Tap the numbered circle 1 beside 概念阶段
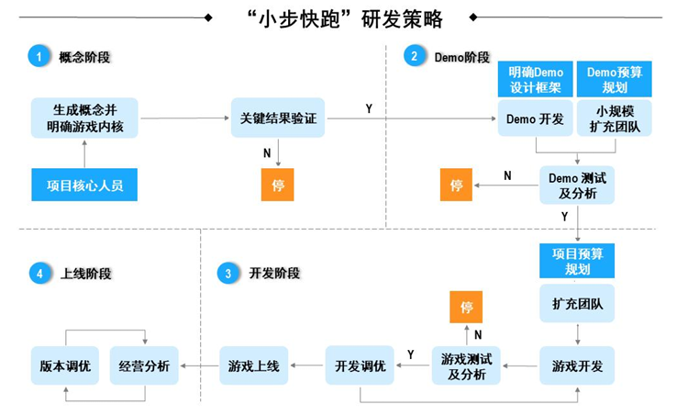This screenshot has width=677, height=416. [x=38, y=57]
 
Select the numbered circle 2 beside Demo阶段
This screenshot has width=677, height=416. [x=415, y=57]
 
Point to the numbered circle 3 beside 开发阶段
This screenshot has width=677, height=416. [x=226, y=273]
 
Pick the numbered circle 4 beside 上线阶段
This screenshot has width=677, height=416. [x=38, y=273]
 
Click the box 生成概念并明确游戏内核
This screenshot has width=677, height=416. [x=84, y=118]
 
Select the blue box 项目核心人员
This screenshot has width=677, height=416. [x=84, y=185]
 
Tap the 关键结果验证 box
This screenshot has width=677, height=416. [x=278, y=118]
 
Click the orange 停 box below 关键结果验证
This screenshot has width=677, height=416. [x=278, y=185]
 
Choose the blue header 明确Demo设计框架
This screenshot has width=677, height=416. [x=536, y=80]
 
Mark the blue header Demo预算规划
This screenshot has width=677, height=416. [x=615, y=80]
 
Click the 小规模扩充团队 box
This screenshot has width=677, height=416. [x=615, y=118]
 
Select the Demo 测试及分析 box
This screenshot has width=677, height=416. [x=577, y=185]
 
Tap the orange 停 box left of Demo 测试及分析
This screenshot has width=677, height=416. [x=456, y=185]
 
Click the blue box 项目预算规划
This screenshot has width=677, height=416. [x=577, y=261]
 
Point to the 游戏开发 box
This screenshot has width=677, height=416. [x=577, y=365]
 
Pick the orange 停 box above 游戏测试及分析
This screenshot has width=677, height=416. [x=465, y=306]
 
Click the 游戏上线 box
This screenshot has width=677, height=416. [x=253, y=365]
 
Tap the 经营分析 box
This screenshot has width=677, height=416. [x=144, y=365]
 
